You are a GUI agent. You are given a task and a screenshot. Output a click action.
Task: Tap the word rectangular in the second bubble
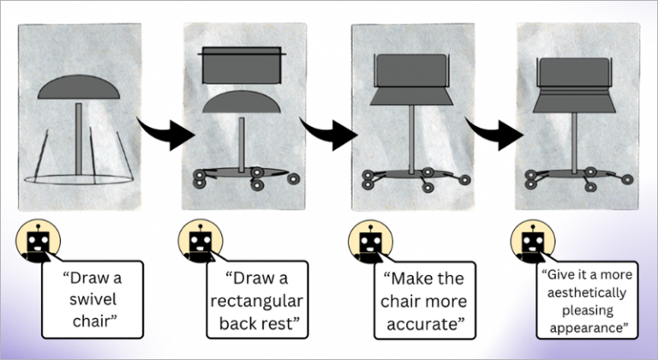click(257, 301)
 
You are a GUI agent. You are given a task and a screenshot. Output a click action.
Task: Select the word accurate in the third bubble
click(424, 324)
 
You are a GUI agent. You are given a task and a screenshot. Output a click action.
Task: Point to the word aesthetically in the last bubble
click(587, 293)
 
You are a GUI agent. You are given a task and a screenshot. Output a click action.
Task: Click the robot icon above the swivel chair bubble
click(39, 241)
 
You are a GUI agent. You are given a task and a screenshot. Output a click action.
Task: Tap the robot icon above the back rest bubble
click(200, 241)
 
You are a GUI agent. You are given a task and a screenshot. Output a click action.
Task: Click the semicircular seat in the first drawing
click(79, 87)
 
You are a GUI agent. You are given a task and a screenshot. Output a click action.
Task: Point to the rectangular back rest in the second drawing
click(242, 65)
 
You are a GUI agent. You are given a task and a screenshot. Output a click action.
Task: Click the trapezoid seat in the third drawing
click(411, 96)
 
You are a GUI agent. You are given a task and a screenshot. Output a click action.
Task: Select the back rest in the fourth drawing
click(574, 72)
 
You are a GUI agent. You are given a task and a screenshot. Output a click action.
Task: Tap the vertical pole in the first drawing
click(79, 139)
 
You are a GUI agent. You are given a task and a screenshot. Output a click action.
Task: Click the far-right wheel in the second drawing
click(293, 179)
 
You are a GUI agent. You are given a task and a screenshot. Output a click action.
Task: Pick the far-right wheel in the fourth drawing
click(627, 180)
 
